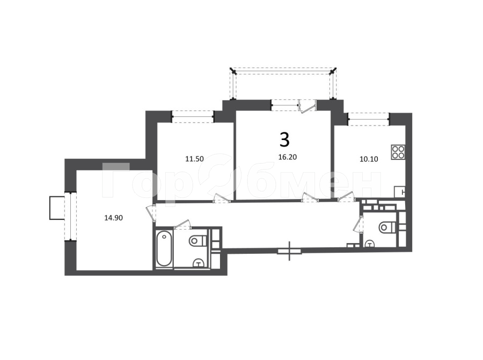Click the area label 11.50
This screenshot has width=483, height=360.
(x=194, y=159)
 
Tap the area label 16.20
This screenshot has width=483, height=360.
(x=288, y=157)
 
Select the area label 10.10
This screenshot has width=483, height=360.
(x=369, y=159)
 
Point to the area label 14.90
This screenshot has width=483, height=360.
(x=114, y=218)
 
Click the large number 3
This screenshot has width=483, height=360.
(x=284, y=139)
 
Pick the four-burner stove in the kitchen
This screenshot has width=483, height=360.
(x=398, y=152)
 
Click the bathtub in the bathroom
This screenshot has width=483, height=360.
(x=164, y=248)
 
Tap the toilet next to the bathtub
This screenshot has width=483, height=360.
(x=197, y=240)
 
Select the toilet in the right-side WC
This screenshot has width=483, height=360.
(x=387, y=227)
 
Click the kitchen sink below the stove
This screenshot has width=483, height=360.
(x=400, y=192)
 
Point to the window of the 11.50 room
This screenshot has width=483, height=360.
(x=193, y=117)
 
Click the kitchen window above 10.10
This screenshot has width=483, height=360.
(x=369, y=119)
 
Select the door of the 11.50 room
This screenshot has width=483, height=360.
(x=222, y=198)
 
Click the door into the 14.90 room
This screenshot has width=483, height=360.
(x=150, y=213)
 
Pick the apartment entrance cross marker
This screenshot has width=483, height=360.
(x=289, y=251)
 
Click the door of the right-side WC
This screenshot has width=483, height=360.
(x=358, y=224)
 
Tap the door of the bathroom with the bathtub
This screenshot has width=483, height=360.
(x=183, y=225)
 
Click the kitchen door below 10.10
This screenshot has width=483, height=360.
(x=346, y=197)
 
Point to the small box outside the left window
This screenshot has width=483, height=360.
(x=57, y=208)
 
